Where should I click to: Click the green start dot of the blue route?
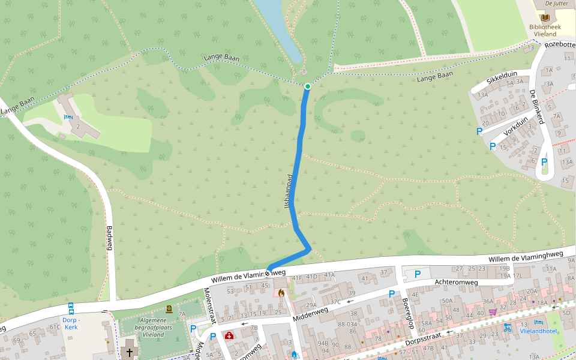click(x=307, y=86)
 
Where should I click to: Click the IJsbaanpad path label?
click(x=289, y=191)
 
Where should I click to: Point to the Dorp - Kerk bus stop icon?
click(x=71, y=308)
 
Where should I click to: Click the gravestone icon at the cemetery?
click(x=169, y=310)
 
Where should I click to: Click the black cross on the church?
click(x=128, y=351)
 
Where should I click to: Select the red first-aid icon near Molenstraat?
click(x=229, y=335)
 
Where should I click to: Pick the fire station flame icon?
click(x=280, y=293)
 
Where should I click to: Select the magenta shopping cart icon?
click(x=493, y=311)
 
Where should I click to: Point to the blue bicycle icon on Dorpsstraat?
click(x=507, y=328)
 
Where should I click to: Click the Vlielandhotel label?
click(x=538, y=331)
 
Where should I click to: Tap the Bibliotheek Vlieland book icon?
click(x=544, y=18)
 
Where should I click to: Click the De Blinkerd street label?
click(x=536, y=107)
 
